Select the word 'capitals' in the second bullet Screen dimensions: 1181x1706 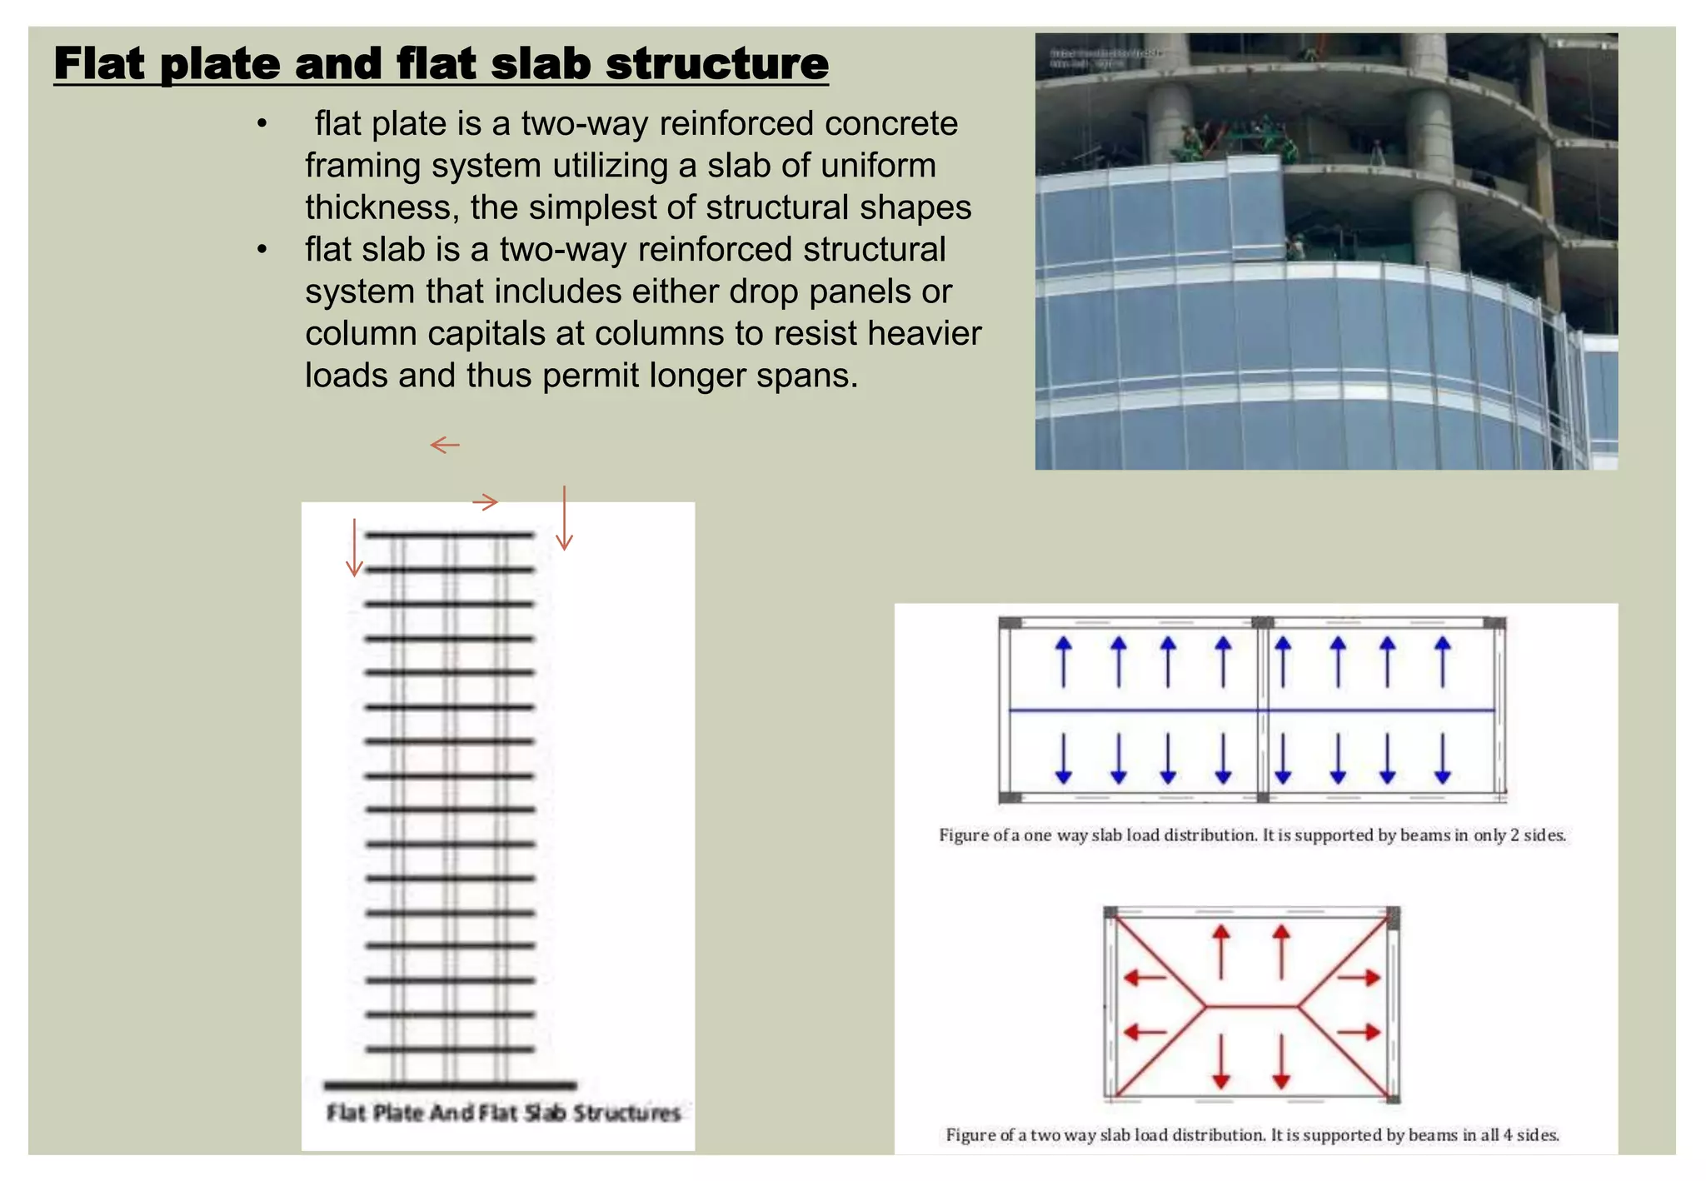click(x=485, y=333)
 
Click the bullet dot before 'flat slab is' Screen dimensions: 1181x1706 click(x=262, y=250)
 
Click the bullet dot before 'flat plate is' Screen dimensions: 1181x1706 click(x=262, y=124)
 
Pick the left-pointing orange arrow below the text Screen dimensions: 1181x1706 click(x=445, y=445)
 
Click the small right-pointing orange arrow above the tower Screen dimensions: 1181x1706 click(x=485, y=501)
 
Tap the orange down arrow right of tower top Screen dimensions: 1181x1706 click(x=564, y=518)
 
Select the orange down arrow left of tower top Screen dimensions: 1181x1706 click(x=355, y=547)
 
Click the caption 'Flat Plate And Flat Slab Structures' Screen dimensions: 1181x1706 click(x=503, y=1113)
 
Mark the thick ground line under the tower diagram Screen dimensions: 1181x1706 click(x=450, y=1084)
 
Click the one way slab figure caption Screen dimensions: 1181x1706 click(x=1252, y=835)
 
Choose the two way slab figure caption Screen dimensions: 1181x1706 click(x=1252, y=1134)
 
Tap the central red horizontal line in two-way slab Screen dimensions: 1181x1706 click(x=1251, y=1006)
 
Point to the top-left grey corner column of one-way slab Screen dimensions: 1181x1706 click(x=1010, y=623)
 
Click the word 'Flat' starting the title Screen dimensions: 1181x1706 click(x=100, y=63)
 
